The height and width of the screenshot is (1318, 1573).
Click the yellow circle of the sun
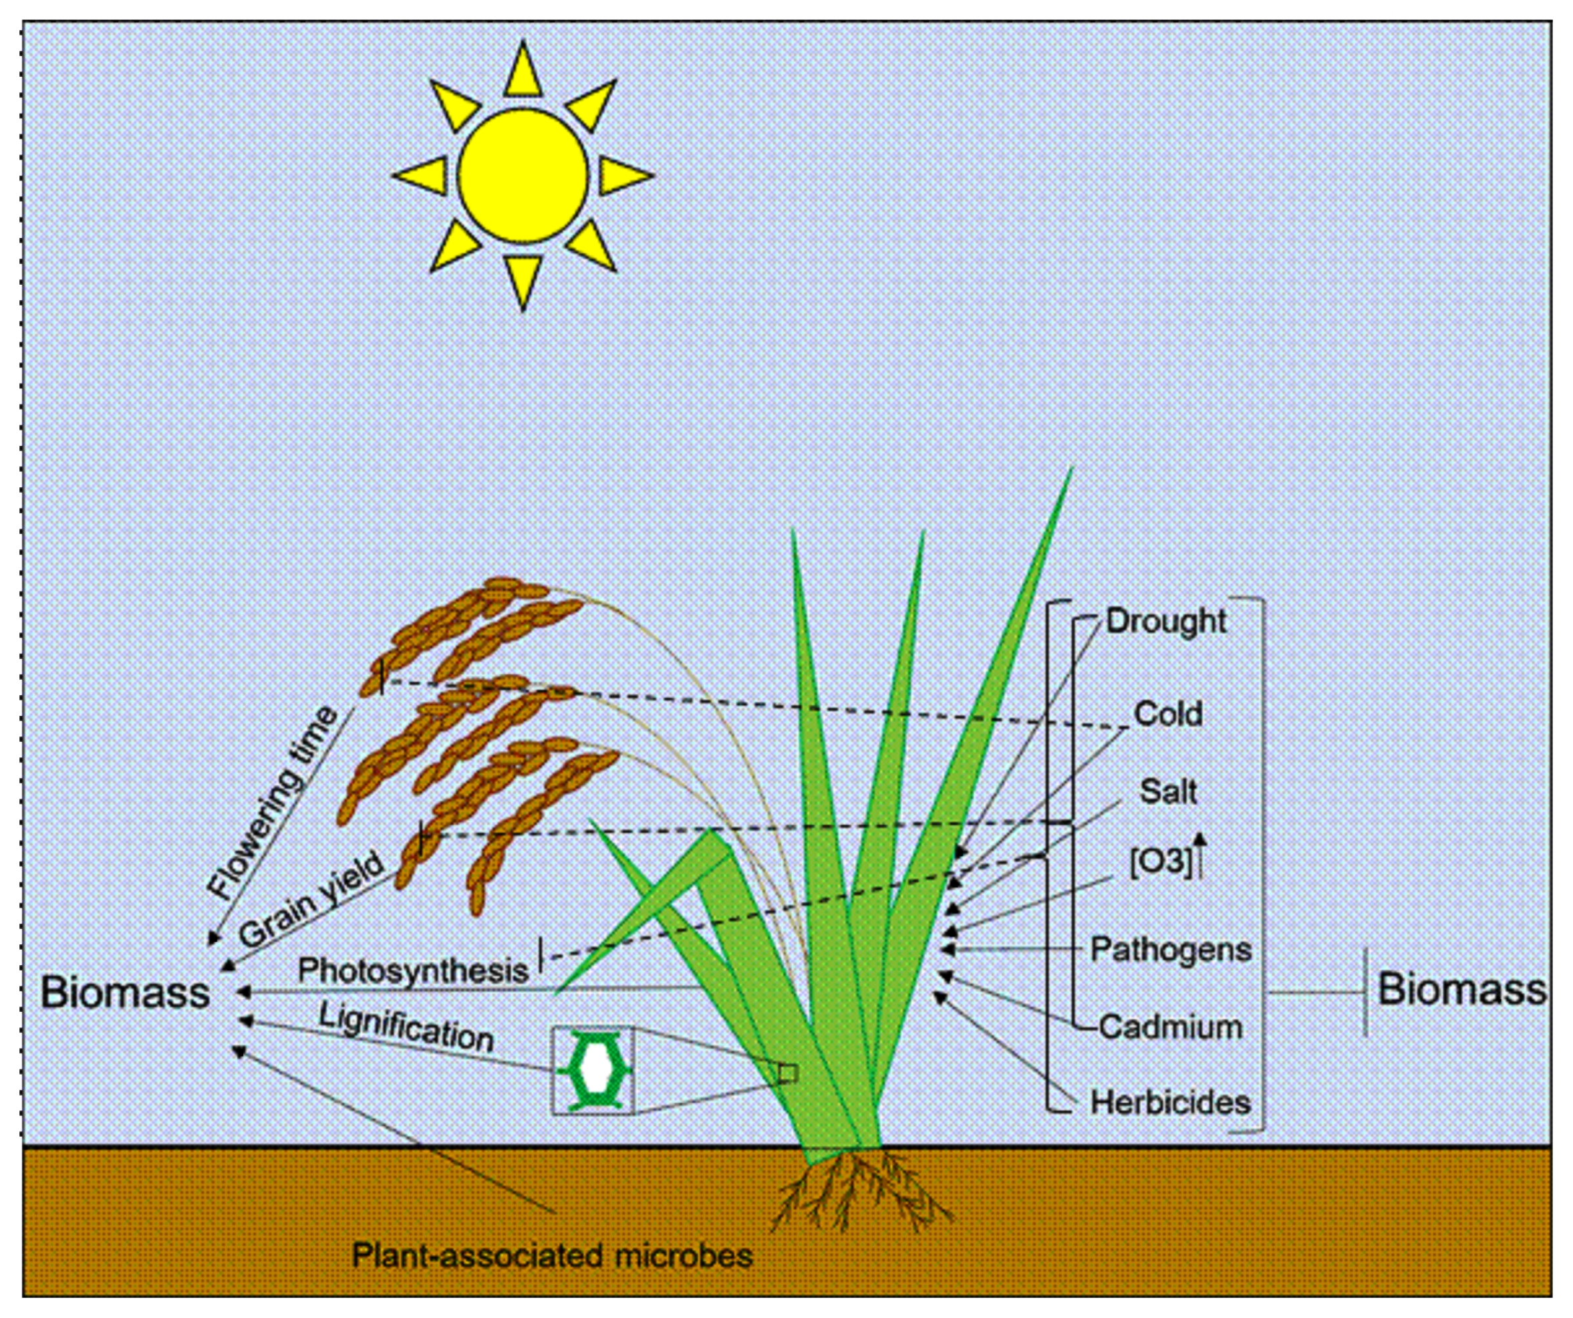[x=523, y=176]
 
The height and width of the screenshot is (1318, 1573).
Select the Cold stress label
[x=1168, y=714]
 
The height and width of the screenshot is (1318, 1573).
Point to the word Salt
[x=1168, y=791]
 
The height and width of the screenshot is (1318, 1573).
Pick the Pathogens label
[x=1171, y=949]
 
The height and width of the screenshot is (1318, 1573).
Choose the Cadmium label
[x=1171, y=1027]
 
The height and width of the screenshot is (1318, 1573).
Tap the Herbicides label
[x=1171, y=1102]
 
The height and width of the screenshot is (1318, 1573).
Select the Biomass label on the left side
[x=125, y=992]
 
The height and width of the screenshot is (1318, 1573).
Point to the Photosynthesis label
[x=413, y=970]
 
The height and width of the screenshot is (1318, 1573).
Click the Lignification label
[x=407, y=1027]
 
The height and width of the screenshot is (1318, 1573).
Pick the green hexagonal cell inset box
[x=593, y=1070]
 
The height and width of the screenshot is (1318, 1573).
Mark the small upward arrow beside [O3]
[x=1201, y=855]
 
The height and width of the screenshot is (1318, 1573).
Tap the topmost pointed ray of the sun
[x=523, y=69]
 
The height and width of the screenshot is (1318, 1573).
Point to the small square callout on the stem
[x=788, y=1073]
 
